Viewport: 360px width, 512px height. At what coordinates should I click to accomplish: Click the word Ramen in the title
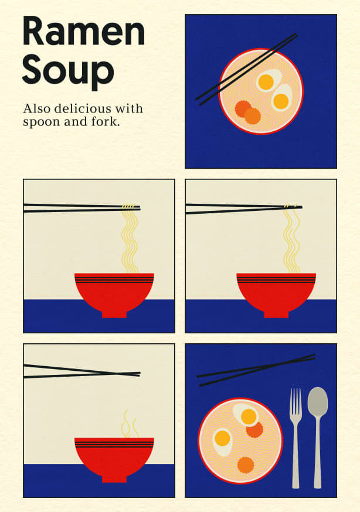click(x=84, y=32)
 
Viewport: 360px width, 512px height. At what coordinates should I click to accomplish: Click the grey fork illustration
click(x=296, y=438)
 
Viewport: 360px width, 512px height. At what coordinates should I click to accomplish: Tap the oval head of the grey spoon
click(x=318, y=402)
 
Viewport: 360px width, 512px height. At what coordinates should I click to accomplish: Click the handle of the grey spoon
click(x=318, y=452)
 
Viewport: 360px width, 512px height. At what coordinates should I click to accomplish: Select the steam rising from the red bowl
click(x=130, y=425)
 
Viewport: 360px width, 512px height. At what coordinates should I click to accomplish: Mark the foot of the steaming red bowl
click(x=114, y=479)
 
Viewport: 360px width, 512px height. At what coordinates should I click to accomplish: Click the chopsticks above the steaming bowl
click(x=82, y=371)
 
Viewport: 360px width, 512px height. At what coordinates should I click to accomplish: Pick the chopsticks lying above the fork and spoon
click(x=256, y=370)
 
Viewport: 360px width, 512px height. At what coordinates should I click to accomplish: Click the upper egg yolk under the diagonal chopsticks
click(x=266, y=82)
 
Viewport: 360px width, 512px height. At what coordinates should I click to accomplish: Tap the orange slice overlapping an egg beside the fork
click(x=254, y=430)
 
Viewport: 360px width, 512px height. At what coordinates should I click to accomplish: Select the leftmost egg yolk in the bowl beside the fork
click(x=222, y=438)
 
